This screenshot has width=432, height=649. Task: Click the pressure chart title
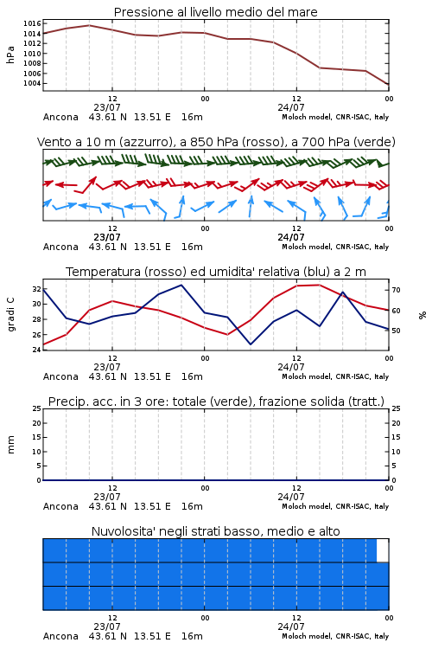pyautogui.click(x=215, y=12)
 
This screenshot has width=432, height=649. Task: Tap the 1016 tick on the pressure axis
pyautogui.click(x=32, y=23)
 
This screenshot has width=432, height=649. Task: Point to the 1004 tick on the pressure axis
pyautogui.click(x=32, y=83)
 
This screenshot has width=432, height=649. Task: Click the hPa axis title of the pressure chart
pyautogui.click(x=10, y=55)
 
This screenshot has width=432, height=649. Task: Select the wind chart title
pyautogui.click(x=216, y=142)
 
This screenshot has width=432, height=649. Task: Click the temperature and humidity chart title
pyautogui.click(x=216, y=272)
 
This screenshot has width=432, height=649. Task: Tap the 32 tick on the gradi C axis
pyautogui.click(x=37, y=289)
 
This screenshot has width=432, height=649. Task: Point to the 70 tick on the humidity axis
pyautogui.click(x=396, y=290)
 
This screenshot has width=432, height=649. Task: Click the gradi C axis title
pyautogui.click(x=11, y=315)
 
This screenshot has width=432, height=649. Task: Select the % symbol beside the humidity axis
pyautogui.click(x=422, y=315)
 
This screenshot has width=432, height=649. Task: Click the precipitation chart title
pyautogui.click(x=216, y=402)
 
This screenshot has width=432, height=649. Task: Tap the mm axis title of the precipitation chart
pyautogui.click(x=10, y=445)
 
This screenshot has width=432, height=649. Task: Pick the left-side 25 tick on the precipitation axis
pyautogui.click(x=37, y=408)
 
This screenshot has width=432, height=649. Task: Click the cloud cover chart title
pyautogui.click(x=215, y=531)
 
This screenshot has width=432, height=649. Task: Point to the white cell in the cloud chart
pyautogui.click(x=383, y=550)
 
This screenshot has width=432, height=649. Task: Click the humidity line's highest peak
pyautogui.click(x=181, y=285)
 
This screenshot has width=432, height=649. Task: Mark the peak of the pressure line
pyautogui.click(x=89, y=25)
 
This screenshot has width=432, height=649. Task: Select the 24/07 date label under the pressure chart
pyautogui.click(x=291, y=107)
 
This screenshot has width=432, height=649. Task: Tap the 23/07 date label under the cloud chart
pyautogui.click(x=107, y=627)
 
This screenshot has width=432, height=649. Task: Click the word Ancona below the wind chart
pyautogui.click(x=60, y=247)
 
